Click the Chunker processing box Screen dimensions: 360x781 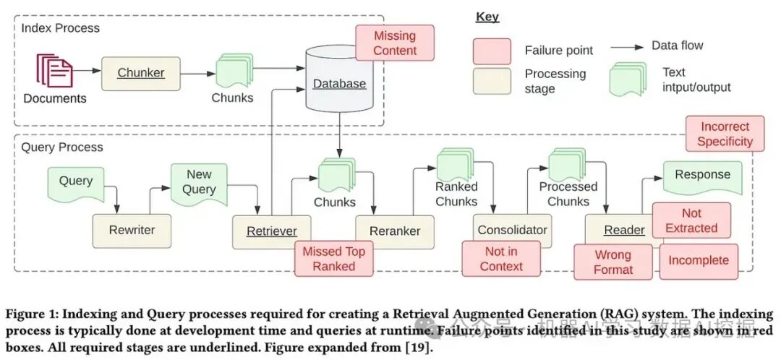click(140, 72)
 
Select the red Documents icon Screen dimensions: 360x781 click(54, 72)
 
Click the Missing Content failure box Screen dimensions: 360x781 click(395, 43)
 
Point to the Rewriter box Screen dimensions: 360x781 click(132, 231)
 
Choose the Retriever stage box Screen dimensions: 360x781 click(271, 231)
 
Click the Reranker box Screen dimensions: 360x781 click(395, 231)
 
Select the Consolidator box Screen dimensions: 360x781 click(512, 231)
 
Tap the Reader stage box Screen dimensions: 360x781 click(623, 231)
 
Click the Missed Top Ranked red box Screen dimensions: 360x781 click(333, 259)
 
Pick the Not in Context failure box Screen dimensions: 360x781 click(500, 259)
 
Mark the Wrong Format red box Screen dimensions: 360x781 click(613, 262)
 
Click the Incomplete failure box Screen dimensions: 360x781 click(699, 261)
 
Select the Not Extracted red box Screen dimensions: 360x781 click(691, 220)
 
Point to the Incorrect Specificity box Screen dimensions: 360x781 click(725, 134)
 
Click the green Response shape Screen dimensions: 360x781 click(702, 176)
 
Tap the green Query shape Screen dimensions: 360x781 click(76, 182)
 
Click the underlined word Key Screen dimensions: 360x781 click(487, 17)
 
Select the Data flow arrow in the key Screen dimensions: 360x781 click(628, 47)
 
